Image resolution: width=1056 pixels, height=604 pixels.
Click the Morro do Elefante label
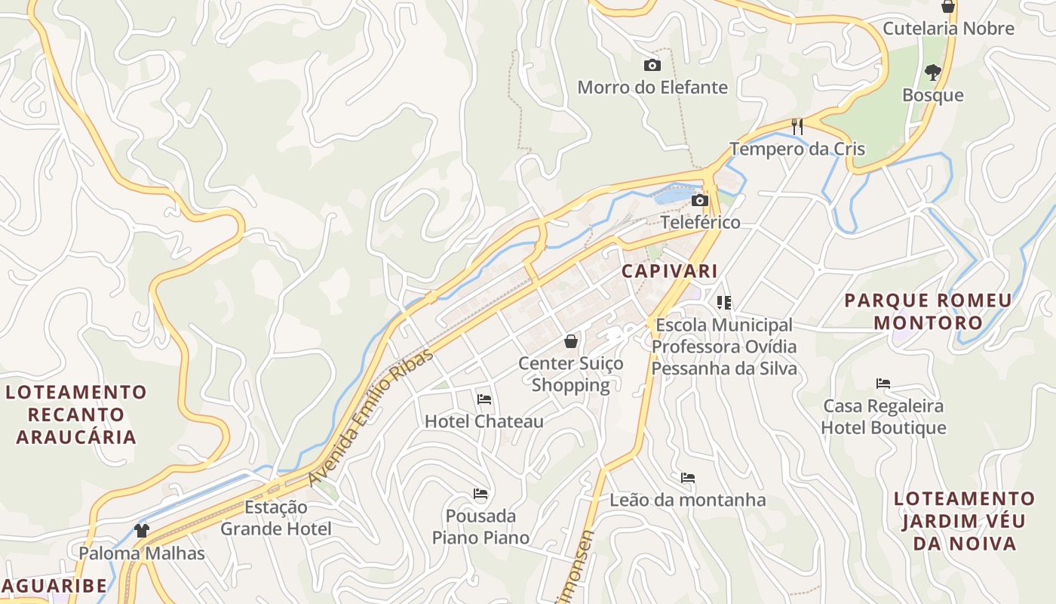coord(652,88)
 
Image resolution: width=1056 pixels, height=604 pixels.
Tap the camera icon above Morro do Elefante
coord(652,66)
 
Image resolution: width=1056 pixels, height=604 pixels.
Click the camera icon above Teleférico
coord(700,200)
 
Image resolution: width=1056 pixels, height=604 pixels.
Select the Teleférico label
coord(700,222)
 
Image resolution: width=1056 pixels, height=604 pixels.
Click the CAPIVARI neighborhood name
coord(669,270)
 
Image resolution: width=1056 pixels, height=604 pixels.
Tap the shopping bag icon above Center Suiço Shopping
coord(571,341)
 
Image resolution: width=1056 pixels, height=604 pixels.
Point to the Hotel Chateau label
coord(484,421)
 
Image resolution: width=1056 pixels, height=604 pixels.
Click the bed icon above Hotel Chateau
coord(484,399)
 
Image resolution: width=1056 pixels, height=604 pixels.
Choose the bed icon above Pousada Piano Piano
coord(480,494)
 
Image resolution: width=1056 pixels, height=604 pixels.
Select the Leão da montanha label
coord(687,500)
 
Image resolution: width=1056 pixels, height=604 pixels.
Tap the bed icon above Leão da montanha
coord(687,478)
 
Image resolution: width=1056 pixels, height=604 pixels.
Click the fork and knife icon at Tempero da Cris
coord(797,126)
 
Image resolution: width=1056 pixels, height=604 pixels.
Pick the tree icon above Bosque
coord(933,72)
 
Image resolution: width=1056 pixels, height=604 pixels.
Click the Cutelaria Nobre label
coord(948,29)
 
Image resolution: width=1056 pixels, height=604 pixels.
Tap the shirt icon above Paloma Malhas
coord(142,530)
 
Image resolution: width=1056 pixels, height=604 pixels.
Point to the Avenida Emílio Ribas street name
coord(371,418)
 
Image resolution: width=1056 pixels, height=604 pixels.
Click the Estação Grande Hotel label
coord(275,518)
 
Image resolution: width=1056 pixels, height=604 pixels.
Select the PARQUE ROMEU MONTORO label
coord(928,312)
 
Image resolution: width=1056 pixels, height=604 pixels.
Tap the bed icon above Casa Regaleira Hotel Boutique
coord(883,384)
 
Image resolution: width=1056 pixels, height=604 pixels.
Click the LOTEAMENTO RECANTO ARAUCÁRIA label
coord(76,414)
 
